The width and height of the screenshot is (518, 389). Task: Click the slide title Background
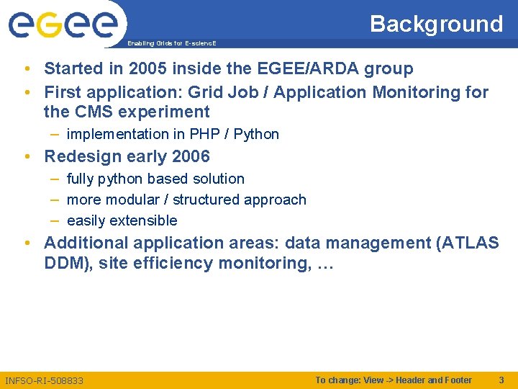[436, 24]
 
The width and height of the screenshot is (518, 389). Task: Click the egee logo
[63, 24]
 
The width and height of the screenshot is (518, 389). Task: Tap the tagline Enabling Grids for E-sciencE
[171, 43]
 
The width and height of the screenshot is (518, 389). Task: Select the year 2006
[191, 156]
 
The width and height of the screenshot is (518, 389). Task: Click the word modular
[132, 200]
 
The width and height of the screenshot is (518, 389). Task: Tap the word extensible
[143, 220]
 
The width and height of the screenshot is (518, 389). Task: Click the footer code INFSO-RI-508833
[44, 380]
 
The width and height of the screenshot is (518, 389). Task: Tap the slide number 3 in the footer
[501, 380]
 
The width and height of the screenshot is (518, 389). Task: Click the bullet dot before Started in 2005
[26, 69]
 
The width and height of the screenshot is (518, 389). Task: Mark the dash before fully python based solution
[55, 179]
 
